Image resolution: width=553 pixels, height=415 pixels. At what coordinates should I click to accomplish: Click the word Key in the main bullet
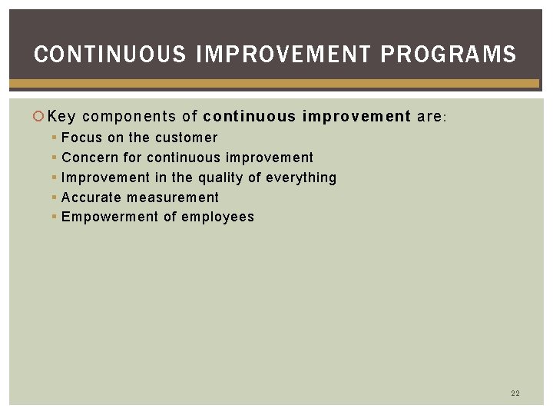(61, 117)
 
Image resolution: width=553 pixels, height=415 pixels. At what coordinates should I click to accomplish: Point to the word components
(128, 117)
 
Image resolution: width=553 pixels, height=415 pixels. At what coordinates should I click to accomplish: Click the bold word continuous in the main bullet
(250, 117)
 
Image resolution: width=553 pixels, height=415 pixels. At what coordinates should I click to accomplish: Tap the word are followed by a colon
(431, 117)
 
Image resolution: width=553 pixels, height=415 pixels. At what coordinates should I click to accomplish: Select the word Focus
(81, 138)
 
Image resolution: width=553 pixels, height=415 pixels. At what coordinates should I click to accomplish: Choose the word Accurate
(91, 198)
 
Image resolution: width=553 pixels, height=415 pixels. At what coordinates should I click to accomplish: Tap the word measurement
(173, 198)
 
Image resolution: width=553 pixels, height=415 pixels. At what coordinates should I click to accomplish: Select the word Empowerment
(109, 217)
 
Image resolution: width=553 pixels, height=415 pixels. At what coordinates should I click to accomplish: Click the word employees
(218, 217)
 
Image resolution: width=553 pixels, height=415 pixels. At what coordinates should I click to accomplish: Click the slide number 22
(515, 393)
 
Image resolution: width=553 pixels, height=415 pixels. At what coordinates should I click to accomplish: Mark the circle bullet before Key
(41, 117)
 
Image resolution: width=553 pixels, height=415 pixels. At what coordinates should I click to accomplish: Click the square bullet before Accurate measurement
(54, 198)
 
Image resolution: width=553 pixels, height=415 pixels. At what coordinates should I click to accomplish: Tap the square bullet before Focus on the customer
(54, 138)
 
